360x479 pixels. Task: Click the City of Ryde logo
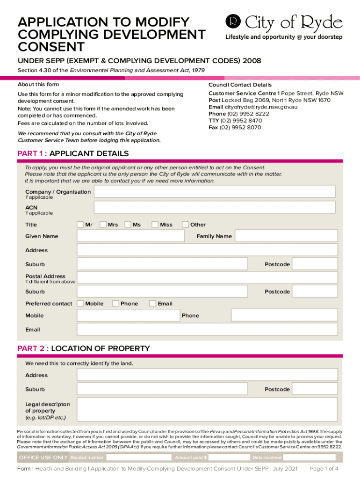[x=284, y=27]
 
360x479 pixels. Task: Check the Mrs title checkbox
[x=103, y=225]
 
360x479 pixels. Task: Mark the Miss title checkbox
[x=155, y=225]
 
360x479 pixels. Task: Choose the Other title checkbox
[x=185, y=225]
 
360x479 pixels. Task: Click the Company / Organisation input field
[x=215, y=191]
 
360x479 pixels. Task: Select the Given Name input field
[x=135, y=236]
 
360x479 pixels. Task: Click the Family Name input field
[x=286, y=236]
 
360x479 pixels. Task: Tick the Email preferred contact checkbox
[x=152, y=304]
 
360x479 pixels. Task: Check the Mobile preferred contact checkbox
[x=80, y=304]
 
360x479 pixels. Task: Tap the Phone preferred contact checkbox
[x=115, y=304]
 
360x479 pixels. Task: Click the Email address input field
[x=207, y=329]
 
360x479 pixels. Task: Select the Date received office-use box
[x=309, y=457]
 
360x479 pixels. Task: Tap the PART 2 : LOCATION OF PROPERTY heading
[x=84, y=348]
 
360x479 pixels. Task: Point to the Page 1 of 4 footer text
[x=324, y=469]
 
